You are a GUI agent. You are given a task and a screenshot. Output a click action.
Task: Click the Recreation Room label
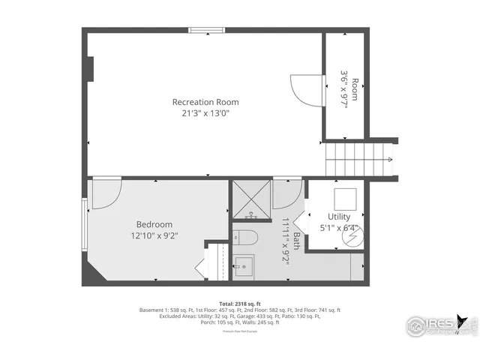click(x=205, y=102)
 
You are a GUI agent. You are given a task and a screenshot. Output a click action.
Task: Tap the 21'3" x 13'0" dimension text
click(x=205, y=113)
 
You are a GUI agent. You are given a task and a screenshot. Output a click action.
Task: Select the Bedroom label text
click(x=154, y=224)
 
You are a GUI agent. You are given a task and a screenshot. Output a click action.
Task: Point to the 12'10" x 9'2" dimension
click(x=154, y=235)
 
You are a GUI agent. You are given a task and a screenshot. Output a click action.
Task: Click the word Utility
click(x=339, y=217)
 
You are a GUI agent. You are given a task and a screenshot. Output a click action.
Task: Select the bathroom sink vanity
click(x=243, y=264)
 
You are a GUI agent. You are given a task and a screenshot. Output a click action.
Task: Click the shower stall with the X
click(x=252, y=200)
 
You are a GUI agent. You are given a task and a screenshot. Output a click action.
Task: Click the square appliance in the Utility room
click(x=345, y=199)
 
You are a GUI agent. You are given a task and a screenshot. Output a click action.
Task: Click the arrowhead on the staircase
click(x=390, y=159)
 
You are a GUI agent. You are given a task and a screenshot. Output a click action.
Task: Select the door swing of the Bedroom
click(x=105, y=191)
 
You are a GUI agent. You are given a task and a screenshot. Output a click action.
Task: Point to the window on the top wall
click(x=206, y=31)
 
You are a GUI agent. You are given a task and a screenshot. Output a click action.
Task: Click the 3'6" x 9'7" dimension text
click(x=348, y=85)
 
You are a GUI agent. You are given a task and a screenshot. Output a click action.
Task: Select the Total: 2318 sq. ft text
click(x=239, y=304)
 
